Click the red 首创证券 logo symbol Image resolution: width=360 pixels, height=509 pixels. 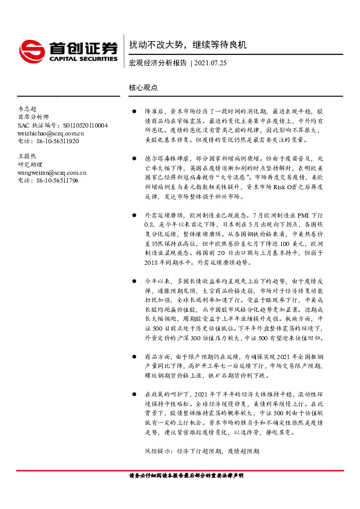pos(31,49)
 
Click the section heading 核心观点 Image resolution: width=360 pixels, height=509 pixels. pos(143,87)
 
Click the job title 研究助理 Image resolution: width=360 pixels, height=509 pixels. pos(29,164)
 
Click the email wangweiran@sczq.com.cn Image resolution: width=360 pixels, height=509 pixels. pos(52,172)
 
